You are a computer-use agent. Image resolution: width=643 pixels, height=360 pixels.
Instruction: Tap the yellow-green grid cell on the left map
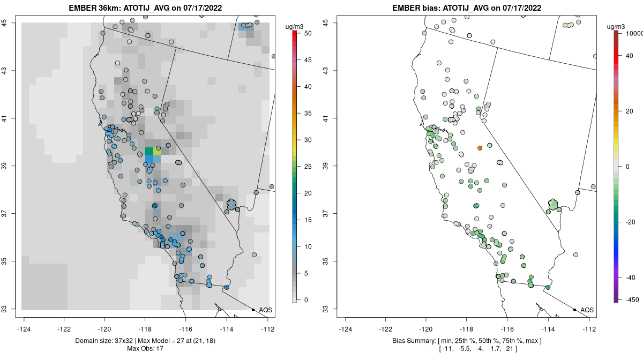(157, 151)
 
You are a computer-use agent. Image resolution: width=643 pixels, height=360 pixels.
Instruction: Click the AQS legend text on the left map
(265, 310)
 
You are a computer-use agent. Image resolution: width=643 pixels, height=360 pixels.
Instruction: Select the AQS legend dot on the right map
(574, 310)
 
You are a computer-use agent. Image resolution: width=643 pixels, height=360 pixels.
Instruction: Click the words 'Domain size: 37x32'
(106, 341)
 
